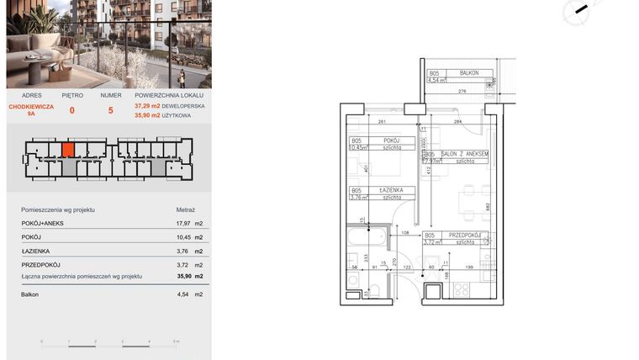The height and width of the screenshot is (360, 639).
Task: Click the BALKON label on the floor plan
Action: coord(469,73)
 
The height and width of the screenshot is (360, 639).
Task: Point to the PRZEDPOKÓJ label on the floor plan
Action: coord(463,236)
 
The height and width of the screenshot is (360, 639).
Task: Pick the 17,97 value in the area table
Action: coord(180,224)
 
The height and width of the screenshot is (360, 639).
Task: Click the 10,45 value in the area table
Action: coord(180,237)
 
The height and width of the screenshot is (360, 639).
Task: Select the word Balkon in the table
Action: coord(30,294)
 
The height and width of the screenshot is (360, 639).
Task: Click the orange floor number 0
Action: coord(71,109)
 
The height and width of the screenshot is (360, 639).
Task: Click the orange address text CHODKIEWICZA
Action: coord(31,107)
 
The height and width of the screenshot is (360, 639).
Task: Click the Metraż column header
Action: coord(185,209)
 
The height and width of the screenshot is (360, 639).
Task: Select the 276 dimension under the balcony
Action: coord(462,90)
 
